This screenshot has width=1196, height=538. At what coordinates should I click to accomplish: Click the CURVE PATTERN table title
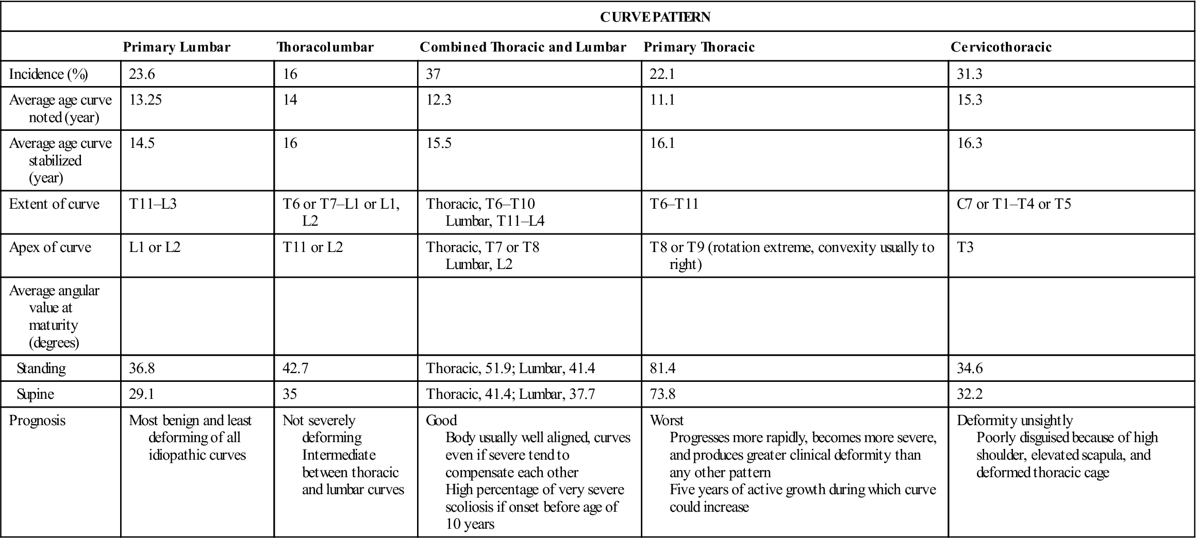pyautogui.click(x=655, y=17)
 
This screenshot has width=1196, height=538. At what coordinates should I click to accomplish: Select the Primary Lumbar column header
pyautogui.click(x=176, y=47)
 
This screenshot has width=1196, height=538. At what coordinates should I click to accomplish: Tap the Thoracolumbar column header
pyautogui.click(x=325, y=47)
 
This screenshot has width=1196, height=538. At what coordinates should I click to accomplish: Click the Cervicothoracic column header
pyautogui.click(x=1001, y=47)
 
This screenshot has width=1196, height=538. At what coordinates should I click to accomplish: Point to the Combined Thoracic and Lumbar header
pyautogui.click(x=523, y=47)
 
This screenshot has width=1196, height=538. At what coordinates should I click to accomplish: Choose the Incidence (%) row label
pyautogui.click(x=48, y=74)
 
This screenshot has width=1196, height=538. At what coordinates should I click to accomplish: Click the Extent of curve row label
pyautogui.click(x=54, y=204)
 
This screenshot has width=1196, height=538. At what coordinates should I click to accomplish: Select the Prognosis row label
pyautogui.click(x=37, y=421)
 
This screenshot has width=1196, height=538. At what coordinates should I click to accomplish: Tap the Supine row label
pyautogui.click(x=35, y=394)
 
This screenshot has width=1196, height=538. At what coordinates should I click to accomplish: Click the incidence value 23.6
pyautogui.click(x=142, y=74)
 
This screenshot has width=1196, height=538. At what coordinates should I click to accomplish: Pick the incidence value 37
pyautogui.click(x=433, y=74)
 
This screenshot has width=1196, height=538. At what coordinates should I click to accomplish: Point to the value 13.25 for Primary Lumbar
pyautogui.click(x=145, y=99)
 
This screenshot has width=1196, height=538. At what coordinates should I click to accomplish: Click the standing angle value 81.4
pyautogui.click(x=662, y=368)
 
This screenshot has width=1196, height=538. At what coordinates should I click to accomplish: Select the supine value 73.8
pyautogui.click(x=662, y=394)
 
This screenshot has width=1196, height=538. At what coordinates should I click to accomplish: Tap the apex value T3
pyautogui.click(x=965, y=247)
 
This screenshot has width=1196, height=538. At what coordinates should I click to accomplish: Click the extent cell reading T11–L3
pyautogui.click(x=153, y=204)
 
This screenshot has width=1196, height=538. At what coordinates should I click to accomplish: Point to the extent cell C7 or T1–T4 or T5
pyautogui.click(x=1014, y=204)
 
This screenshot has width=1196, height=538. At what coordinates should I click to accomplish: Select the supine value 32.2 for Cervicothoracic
pyautogui.click(x=970, y=394)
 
